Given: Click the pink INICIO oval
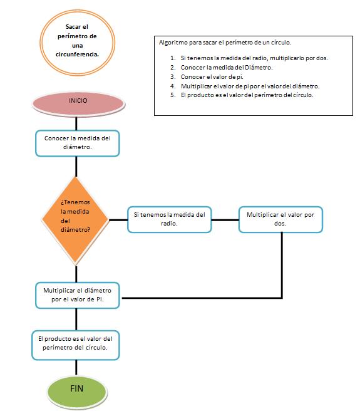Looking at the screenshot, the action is pyautogui.click(x=78, y=103).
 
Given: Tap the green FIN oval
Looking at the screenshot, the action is pyautogui.click(x=77, y=392).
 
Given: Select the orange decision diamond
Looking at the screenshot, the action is pyautogui.click(x=76, y=220).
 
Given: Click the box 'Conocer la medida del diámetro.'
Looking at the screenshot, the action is pyautogui.click(x=78, y=143).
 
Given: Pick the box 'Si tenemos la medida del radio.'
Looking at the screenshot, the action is pyautogui.click(x=170, y=219).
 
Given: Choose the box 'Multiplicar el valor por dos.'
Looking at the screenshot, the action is pyautogui.click(x=280, y=219).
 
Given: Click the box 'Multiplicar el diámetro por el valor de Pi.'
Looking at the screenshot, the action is pyautogui.click(x=78, y=295).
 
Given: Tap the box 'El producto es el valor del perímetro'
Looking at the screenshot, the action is pyautogui.click(x=76, y=345).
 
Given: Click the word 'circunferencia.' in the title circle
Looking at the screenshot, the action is pyautogui.click(x=77, y=55).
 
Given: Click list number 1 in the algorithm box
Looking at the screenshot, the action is pyautogui.click(x=173, y=58).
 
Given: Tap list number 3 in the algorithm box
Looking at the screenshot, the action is pyautogui.click(x=173, y=76).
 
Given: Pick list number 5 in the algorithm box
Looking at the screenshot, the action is pyautogui.click(x=173, y=95).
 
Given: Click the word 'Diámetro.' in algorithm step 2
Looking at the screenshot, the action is pyautogui.click(x=259, y=68).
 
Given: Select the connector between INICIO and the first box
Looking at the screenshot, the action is pyautogui.click(x=76, y=123).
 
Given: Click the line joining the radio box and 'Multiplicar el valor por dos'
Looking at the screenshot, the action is pyautogui.click(x=225, y=220).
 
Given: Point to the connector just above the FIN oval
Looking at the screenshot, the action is pyautogui.click(x=76, y=368).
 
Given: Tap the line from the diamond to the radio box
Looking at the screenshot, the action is pyautogui.click(x=118, y=220).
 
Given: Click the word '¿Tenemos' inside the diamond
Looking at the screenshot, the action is pyautogui.click(x=75, y=202).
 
